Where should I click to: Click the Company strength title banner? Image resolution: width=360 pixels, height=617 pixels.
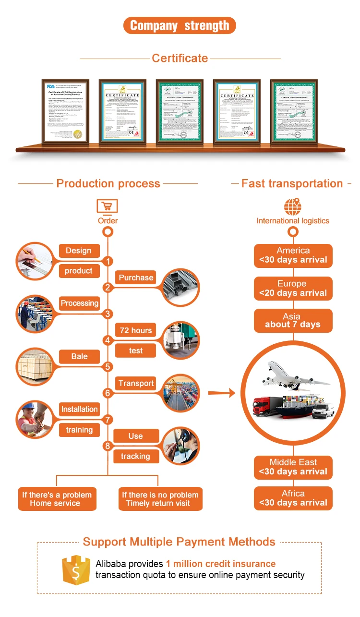point(180,25)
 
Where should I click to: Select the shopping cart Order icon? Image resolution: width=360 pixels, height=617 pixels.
point(108,206)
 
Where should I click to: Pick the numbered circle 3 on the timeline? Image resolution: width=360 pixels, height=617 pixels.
point(108,314)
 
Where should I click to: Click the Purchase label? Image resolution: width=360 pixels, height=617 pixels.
point(136,278)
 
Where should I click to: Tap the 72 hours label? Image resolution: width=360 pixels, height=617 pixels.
point(136,330)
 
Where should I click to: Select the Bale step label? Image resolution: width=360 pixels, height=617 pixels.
point(79,356)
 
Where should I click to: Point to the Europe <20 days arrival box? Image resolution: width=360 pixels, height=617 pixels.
point(293,288)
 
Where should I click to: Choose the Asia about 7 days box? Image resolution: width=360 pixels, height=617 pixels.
point(293,320)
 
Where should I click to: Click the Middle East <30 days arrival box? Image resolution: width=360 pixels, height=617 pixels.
point(293,467)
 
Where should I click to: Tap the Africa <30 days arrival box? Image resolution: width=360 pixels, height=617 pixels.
point(293,498)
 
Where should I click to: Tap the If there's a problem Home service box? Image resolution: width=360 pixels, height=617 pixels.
point(57,499)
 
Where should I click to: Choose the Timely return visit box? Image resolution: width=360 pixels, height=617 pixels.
point(160,499)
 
